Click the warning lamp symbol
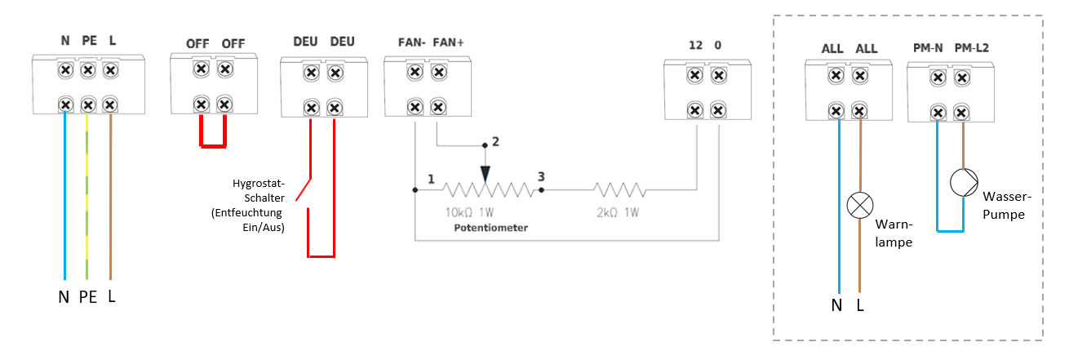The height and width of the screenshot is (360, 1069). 858,205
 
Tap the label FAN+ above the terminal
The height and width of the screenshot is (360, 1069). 449,42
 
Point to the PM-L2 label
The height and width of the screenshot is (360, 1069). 971,48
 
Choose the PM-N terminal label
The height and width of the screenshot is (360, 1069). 928,48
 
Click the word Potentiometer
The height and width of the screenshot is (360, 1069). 490,228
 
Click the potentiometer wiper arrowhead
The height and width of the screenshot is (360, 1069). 486,174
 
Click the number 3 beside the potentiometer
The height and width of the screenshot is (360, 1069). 540,176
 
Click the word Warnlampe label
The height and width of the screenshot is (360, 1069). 893,233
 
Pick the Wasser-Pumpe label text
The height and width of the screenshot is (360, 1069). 1003,206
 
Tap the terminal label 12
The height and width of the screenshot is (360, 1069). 695,45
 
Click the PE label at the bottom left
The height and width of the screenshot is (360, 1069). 87,298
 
